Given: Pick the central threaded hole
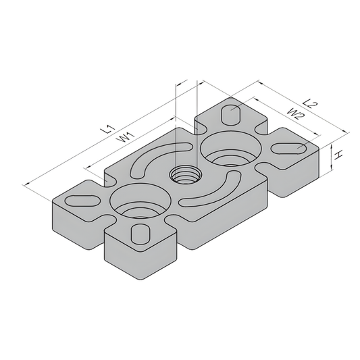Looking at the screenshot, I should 183,175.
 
